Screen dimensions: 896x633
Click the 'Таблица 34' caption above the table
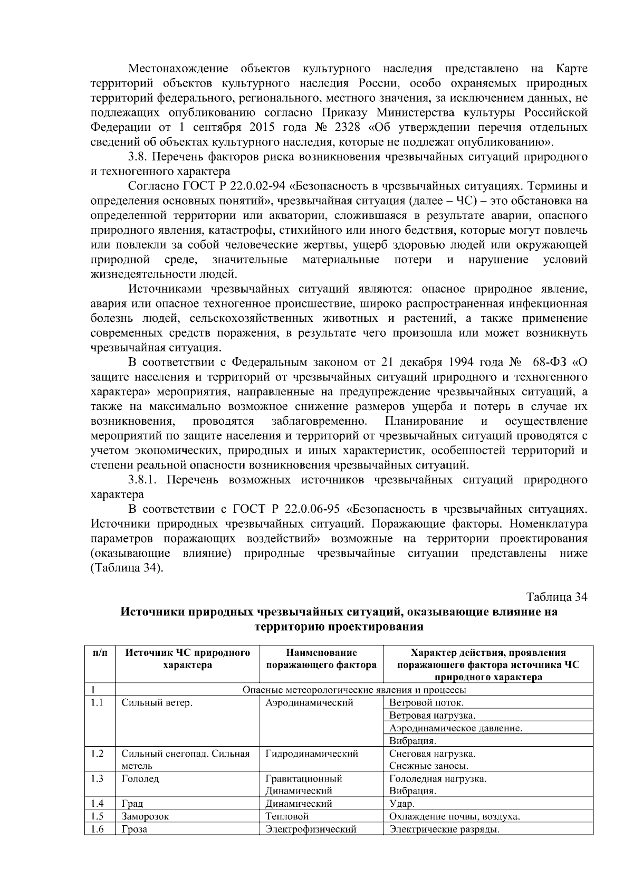pos(557,597)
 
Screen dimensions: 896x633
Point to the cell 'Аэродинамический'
pos(309,703)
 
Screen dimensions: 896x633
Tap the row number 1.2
pos(97,754)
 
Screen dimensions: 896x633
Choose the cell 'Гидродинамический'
pos(312,754)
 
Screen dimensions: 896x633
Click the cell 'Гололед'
pos(140,779)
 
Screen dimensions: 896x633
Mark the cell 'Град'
pos(132,804)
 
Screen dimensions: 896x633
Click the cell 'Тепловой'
pos(287,817)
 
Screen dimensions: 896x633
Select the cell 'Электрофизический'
pos(311,830)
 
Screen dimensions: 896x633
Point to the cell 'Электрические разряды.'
pos(444,830)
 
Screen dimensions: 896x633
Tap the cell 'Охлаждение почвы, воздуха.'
pos(455,817)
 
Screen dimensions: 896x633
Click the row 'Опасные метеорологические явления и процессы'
pos(353,690)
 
